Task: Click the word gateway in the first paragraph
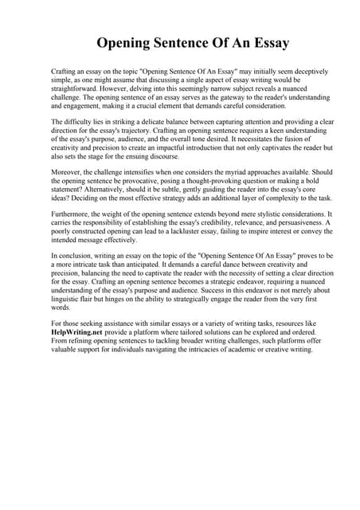[x=241, y=96]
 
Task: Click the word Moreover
[x=67, y=172]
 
